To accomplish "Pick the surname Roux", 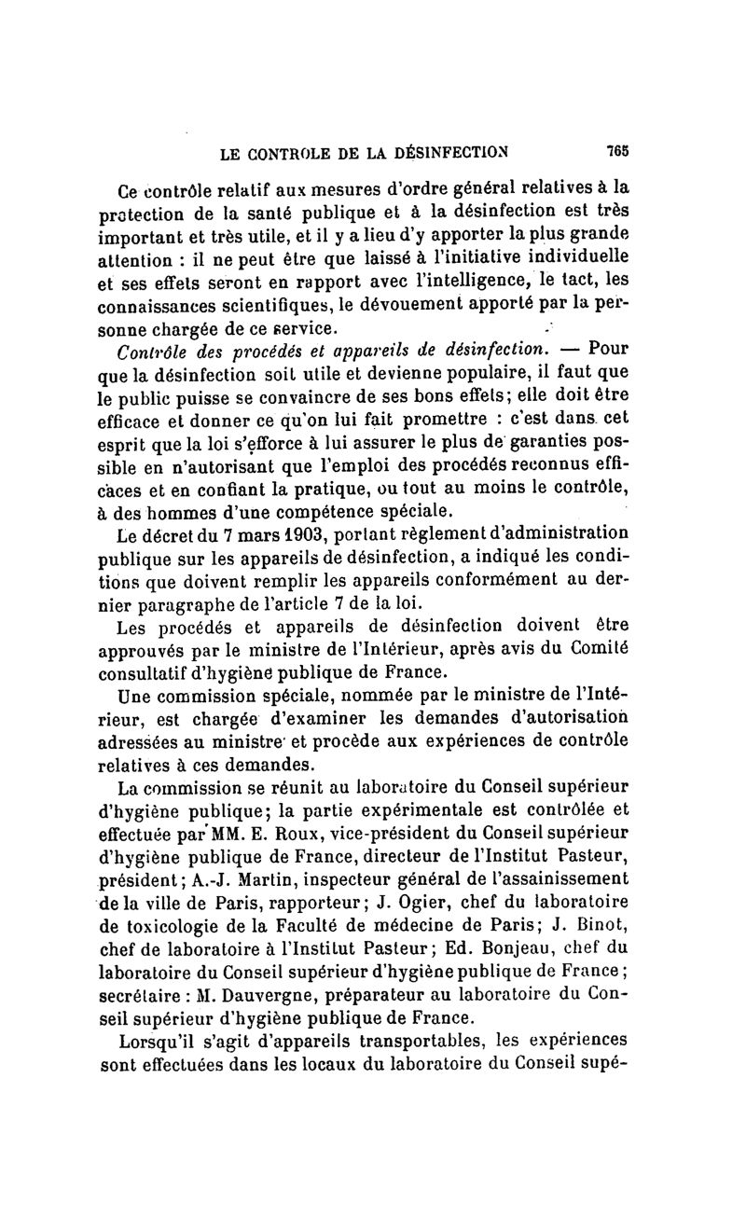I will point(327,829).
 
